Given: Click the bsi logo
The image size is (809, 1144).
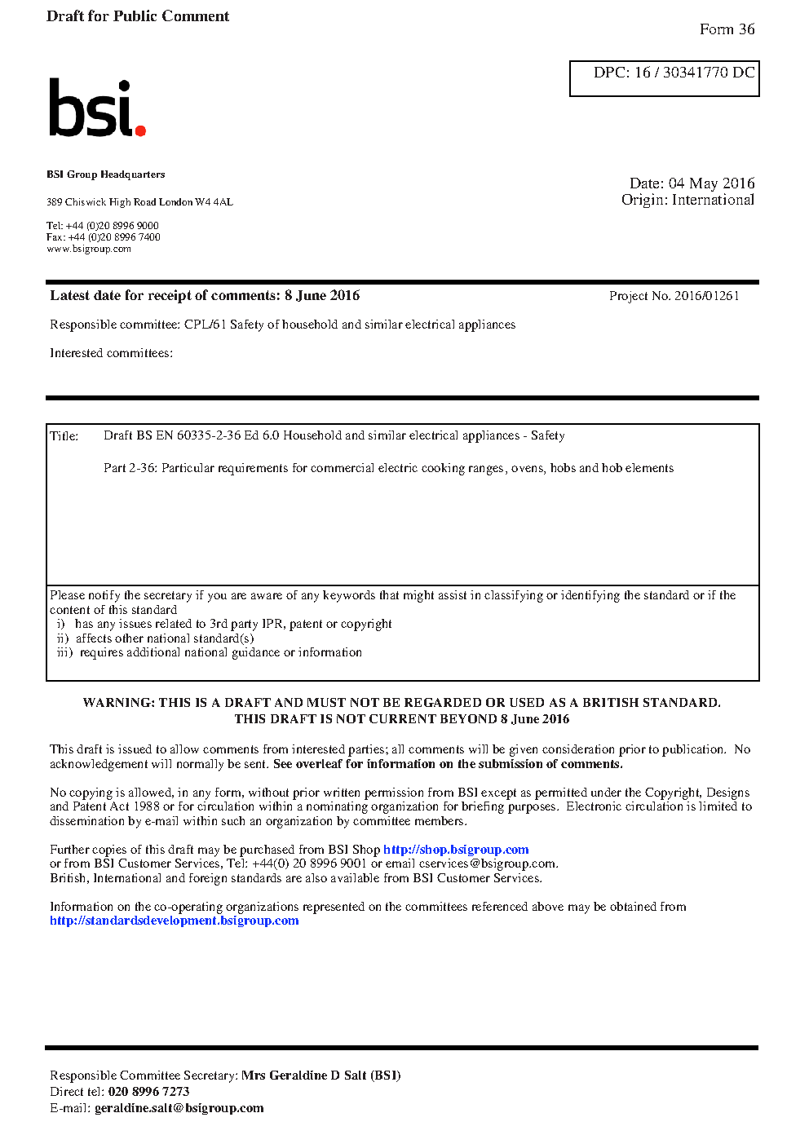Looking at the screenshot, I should click(x=96, y=108).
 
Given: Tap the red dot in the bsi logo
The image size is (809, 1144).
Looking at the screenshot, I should click(x=140, y=130).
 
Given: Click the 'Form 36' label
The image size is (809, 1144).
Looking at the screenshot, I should click(x=727, y=29).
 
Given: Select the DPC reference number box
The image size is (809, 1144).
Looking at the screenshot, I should click(x=664, y=78).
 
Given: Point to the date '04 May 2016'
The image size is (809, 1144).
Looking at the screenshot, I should click(x=711, y=183).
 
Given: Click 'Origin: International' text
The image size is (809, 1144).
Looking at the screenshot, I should click(x=687, y=200).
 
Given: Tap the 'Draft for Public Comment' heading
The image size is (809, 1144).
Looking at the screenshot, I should click(x=138, y=16).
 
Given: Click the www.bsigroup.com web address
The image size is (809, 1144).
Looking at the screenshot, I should click(x=89, y=250).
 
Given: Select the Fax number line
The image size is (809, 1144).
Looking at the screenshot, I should click(x=104, y=237).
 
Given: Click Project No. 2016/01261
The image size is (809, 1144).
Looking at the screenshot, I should click(x=674, y=296).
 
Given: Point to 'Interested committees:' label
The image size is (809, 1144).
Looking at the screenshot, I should click(x=111, y=353).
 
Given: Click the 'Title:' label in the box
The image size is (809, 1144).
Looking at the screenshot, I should click(x=64, y=436).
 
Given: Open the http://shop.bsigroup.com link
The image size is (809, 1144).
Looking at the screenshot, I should click(x=456, y=850).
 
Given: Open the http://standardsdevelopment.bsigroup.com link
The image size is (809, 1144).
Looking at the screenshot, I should click(x=174, y=921).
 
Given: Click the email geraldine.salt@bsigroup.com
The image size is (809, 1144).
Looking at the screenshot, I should click(x=179, y=1108).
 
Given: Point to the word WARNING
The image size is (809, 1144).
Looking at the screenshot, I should click(x=117, y=703).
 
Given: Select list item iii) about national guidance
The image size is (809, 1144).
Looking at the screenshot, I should click(x=210, y=652).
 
